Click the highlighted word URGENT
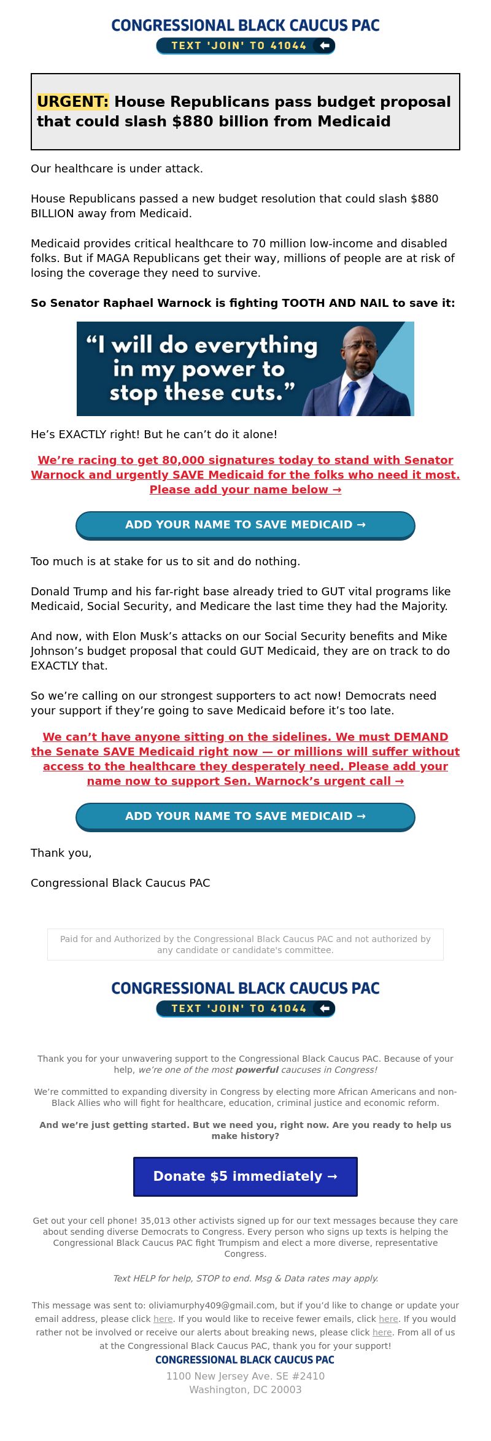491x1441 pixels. (72, 102)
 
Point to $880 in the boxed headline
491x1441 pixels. (192, 122)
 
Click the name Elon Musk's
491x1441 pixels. (149, 636)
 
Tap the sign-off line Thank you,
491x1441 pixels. (61, 853)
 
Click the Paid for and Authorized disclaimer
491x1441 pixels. (245, 945)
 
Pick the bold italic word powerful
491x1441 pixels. (257, 1070)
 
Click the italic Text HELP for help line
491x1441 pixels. (245, 1278)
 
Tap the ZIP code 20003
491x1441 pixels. (286, 1389)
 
